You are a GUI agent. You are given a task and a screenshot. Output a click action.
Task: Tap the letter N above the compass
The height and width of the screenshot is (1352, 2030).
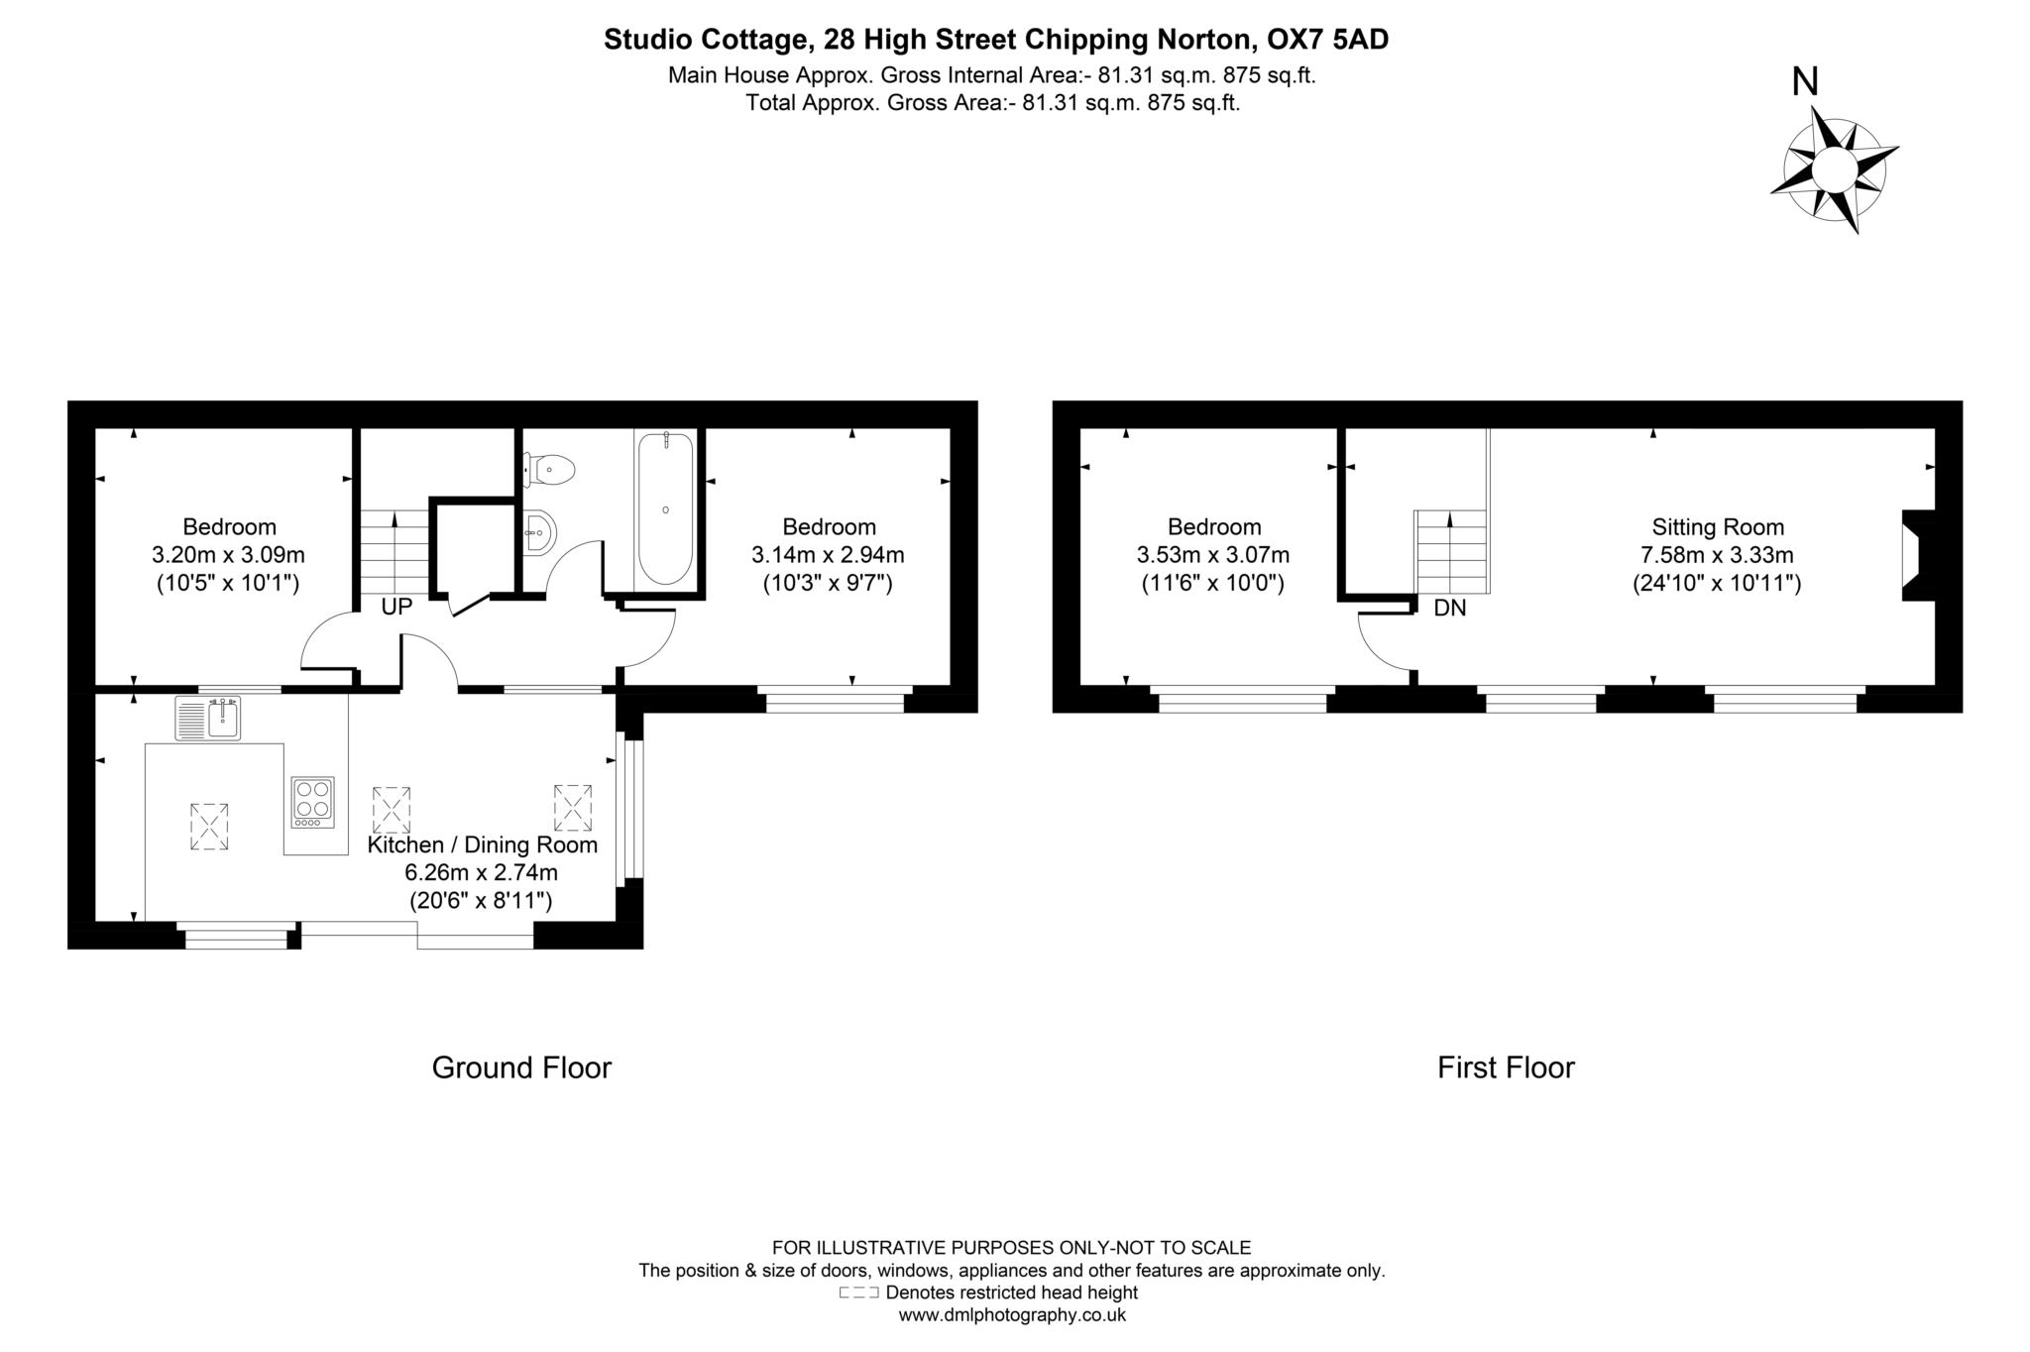pos(1805,81)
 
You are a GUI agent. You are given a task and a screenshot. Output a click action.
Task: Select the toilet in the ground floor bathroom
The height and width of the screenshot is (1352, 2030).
pos(551,469)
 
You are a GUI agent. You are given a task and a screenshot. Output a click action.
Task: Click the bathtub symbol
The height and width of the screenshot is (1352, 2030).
pos(665,509)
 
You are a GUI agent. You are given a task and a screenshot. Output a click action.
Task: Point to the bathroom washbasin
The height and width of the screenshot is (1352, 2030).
pos(540,532)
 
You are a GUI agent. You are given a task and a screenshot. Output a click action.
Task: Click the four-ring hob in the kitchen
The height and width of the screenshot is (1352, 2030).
pos(313,802)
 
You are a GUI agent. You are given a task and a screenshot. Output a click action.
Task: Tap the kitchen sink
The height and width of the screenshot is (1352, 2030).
pos(208,719)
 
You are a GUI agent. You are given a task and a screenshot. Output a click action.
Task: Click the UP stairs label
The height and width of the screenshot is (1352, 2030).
pos(396,608)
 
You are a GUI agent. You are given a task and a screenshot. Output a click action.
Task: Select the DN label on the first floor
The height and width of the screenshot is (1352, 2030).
pos(1449,609)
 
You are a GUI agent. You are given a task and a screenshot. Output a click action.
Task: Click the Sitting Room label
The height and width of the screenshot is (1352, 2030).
pos(1717,527)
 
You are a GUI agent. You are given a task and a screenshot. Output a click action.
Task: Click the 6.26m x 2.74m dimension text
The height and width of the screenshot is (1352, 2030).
pos(481,873)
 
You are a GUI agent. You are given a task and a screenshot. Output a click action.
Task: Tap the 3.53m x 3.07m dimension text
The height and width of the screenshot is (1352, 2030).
pos(1213,555)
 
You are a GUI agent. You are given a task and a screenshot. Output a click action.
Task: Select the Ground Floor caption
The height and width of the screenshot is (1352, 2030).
pos(521,1068)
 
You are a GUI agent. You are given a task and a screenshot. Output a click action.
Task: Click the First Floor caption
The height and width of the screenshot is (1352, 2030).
pos(1506,1068)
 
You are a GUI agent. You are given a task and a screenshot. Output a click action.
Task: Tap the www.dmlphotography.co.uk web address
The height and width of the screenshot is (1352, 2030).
pos(1012,1315)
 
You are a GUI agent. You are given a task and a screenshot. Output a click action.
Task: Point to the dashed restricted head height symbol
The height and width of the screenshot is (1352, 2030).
pos(858,1293)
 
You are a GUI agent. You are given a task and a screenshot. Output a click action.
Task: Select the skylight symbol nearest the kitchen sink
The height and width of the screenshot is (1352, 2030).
pos(209,826)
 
